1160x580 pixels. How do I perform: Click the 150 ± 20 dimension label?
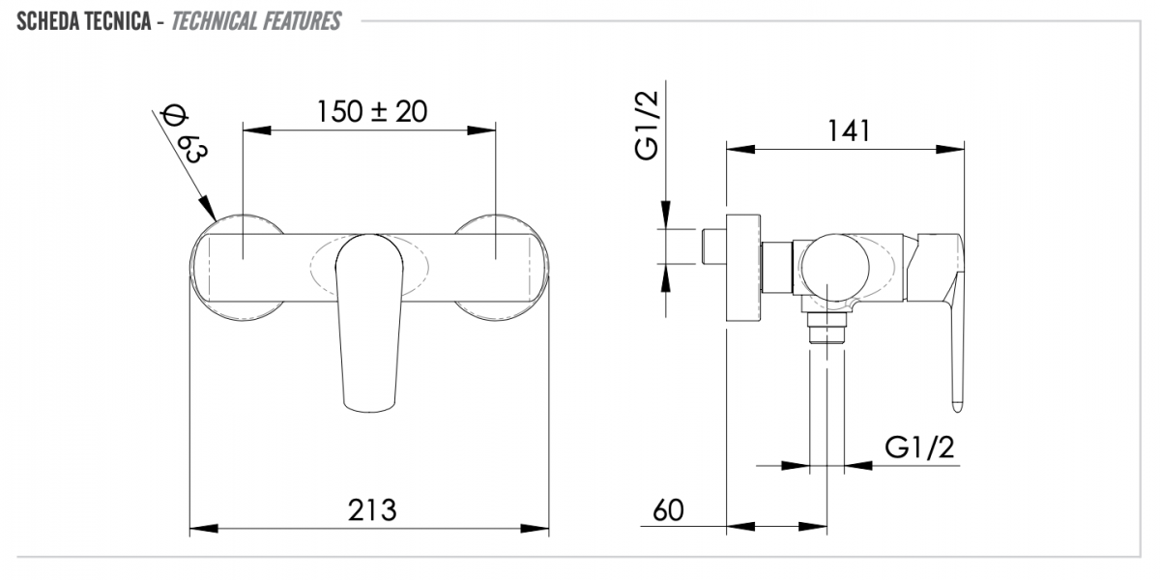point(372,112)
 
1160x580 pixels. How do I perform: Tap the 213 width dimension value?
point(372,510)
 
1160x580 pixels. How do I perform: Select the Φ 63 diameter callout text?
point(185,134)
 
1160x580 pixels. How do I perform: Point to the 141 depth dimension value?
point(849,130)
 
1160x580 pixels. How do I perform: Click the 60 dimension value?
point(668,510)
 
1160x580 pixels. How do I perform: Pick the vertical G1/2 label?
point(648,126)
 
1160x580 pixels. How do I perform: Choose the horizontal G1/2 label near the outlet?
point(919,448)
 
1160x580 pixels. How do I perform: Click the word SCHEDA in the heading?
point(43,21)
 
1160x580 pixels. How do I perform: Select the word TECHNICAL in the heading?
point(215,21)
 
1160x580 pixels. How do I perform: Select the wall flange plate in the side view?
point(743,270)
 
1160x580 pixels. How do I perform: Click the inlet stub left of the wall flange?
point(713,246)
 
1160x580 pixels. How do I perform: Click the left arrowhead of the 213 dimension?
point(204,529)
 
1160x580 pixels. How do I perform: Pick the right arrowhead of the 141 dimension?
point(950,150)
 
